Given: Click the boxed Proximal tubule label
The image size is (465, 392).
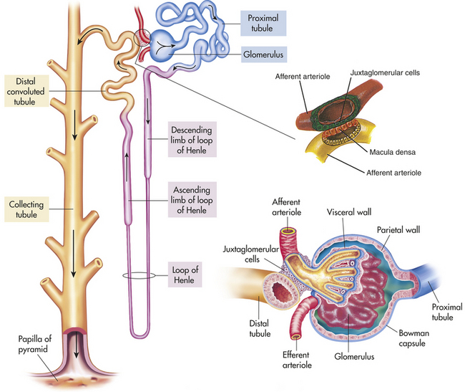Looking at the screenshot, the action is tap(263, 23).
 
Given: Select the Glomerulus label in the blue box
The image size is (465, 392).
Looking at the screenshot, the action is tap(264, 54).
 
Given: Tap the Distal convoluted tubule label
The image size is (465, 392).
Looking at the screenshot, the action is tap(26, 91).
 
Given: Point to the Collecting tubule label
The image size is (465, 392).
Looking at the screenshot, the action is tap(26, 209).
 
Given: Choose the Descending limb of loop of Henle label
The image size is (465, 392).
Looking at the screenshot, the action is tap(192, 140).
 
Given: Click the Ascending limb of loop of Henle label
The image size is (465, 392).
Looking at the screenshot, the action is tap(192, 199).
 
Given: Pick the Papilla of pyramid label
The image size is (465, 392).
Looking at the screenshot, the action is tap(35, 344).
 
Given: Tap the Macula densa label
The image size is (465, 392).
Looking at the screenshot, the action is tap(392, 152).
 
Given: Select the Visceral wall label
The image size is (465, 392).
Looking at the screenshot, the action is tap(349, 212).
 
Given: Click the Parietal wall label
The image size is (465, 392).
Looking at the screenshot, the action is tap(398, 229).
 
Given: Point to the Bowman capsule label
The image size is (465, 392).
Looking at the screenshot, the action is tap(413, 338).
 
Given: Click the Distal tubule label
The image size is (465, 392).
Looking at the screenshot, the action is tap(260, 328).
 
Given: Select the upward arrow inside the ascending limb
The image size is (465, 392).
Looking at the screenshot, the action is tap(127, 167).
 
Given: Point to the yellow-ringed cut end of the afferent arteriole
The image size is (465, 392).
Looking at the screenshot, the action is tap(288, 231).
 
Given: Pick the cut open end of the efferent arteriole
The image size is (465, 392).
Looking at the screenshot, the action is tap(296, 337).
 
